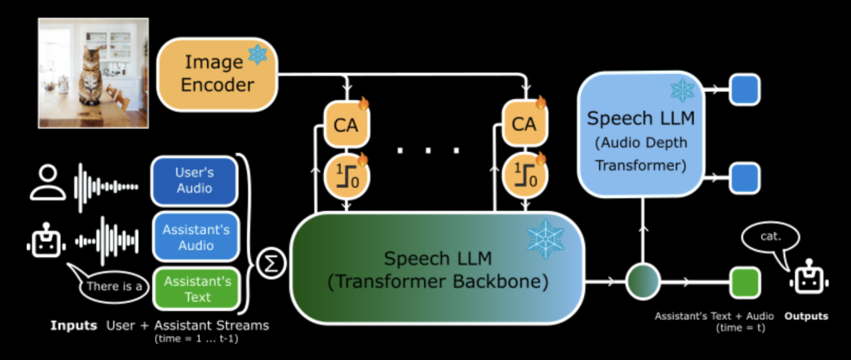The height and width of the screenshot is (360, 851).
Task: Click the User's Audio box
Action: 194,180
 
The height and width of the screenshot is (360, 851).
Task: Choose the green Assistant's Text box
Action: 194,288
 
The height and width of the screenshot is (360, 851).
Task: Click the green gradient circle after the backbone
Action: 642,280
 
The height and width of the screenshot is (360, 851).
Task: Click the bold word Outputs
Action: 807,317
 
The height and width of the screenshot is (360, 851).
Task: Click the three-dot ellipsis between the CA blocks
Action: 428,151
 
